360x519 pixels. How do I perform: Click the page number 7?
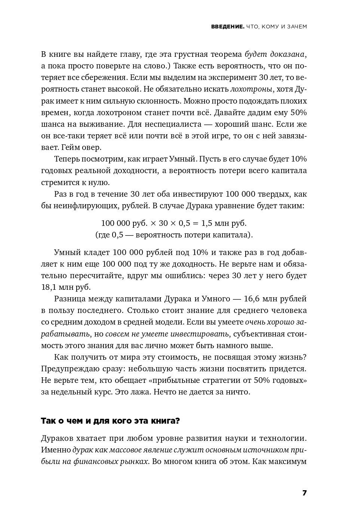point(304,493)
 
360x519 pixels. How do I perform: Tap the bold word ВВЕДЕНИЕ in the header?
point(227,27)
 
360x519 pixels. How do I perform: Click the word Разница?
point(70,299)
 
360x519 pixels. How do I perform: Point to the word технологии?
point(284,438)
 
